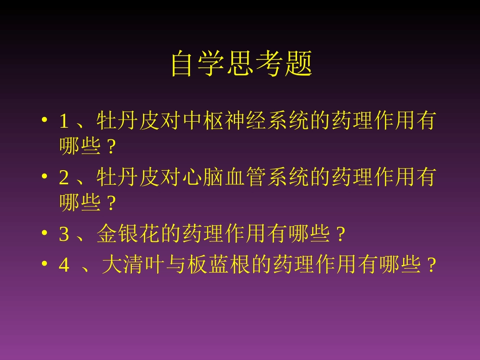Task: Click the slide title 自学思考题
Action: tap(241, 64)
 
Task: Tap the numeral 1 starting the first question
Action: tap(64, 122)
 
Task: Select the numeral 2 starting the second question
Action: tap(64, 178)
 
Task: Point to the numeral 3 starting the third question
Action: tap(64, 234)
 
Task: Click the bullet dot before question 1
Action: tap(45, 122)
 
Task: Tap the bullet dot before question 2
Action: tap(45, 178)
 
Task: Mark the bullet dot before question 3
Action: tap(45, 234)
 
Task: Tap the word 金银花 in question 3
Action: tap(128, 234)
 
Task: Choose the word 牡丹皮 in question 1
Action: tap(128, 122)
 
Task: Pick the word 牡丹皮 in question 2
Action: tap(128, 178)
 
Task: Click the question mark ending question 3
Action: tap(341, 234)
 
